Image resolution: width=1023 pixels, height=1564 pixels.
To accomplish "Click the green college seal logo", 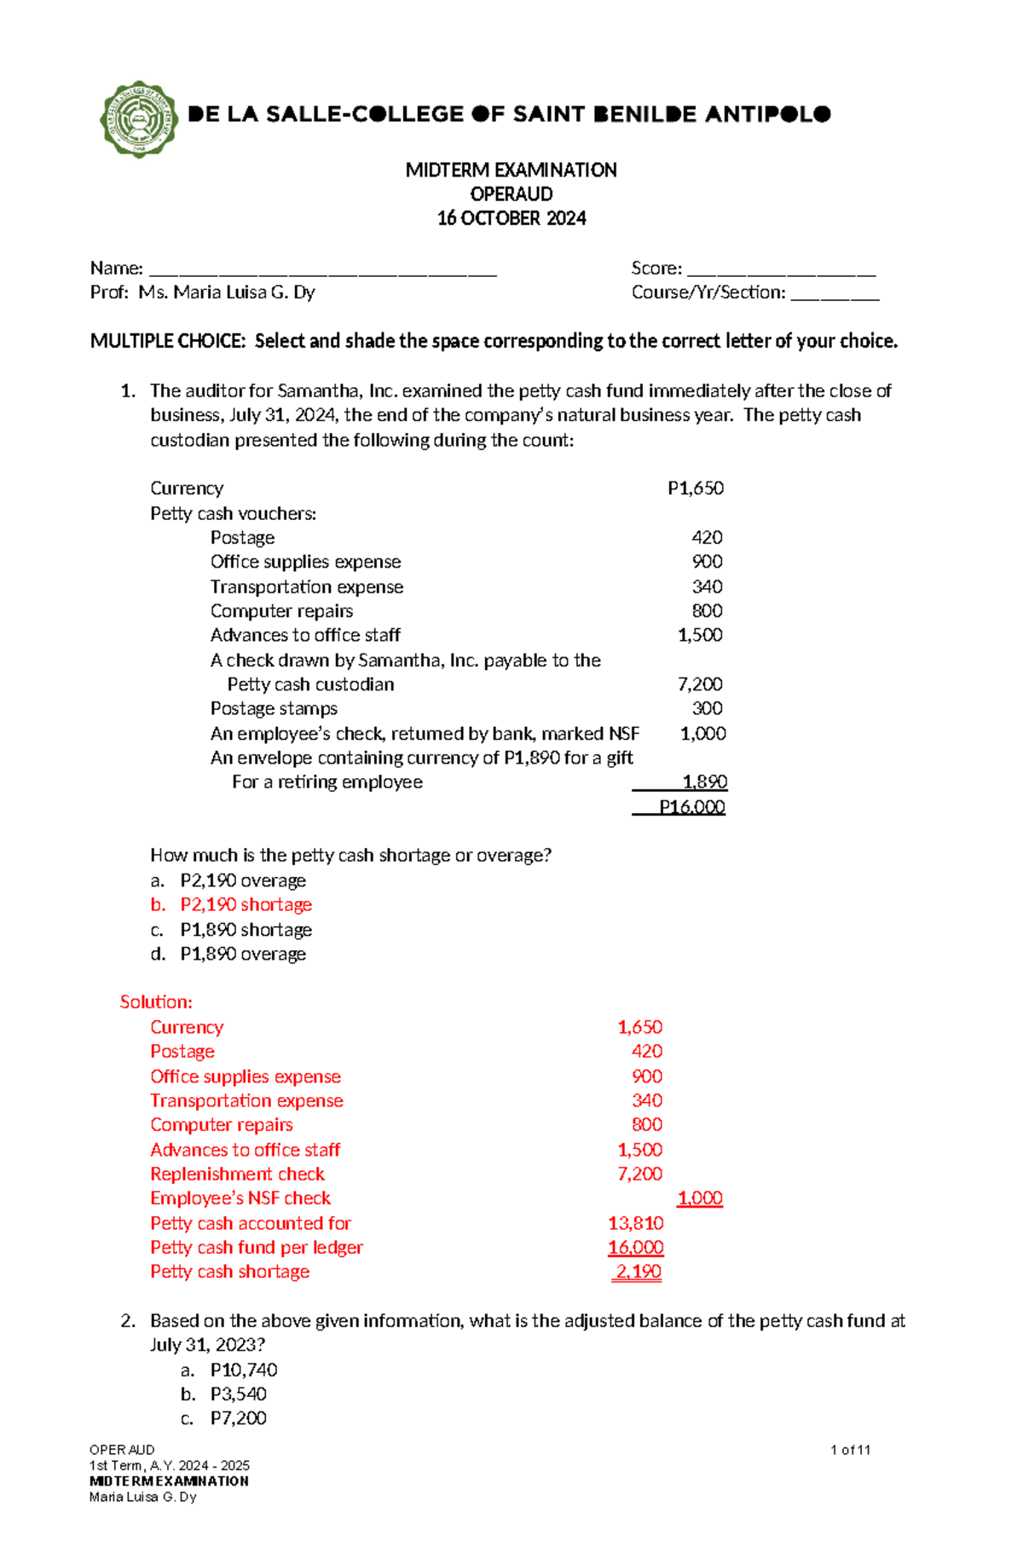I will coord(138,119).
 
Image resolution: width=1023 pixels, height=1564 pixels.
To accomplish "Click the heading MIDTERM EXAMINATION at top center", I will coord(511,170).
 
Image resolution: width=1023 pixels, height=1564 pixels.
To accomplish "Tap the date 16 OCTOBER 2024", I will coord(511,218).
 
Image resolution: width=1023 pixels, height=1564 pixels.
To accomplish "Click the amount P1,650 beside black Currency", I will coord(695,488).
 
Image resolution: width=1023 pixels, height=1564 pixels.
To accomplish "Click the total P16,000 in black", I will coord(691,806).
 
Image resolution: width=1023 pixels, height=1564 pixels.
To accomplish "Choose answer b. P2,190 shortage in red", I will coord(246,904).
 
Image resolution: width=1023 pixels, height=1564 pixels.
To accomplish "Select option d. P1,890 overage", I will coord(242,954).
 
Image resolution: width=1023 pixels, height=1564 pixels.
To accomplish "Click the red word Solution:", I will coord(156,1001).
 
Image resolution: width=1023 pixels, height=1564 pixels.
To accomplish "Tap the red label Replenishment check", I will coord(237,1174).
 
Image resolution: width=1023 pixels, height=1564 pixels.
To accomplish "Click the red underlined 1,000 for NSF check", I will coord(699,1198).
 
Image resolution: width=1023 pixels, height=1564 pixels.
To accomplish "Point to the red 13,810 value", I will coord(635,1223).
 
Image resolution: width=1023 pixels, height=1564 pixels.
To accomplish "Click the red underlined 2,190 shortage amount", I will coord(638,1272).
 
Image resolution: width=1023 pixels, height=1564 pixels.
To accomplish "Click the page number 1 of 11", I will coord(849,1450).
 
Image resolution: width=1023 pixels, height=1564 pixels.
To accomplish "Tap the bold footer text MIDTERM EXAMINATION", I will coord(169,1481).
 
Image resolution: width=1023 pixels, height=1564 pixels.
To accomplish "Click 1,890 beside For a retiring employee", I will coord(704,782).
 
